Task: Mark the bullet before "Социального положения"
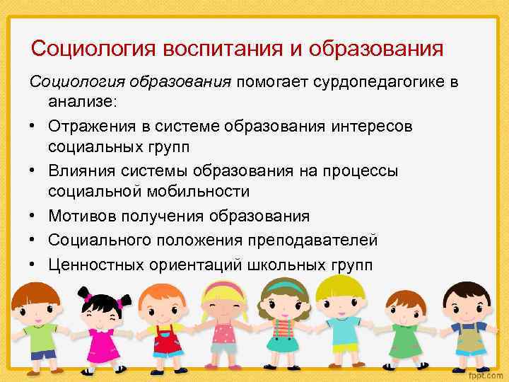point(34,240)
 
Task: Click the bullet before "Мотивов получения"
point(34,216)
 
